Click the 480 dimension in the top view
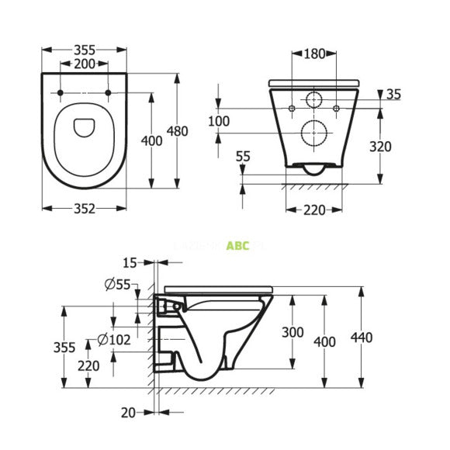pyautogui.click(x=178, y=131)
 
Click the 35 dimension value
pyautogui.click(x=393, y=95)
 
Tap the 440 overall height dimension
pyautogui.click(x=362, y=337)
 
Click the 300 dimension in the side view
pyautogui.click(x=292, y=332)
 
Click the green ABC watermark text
pyautogui.click(x=237, y=246)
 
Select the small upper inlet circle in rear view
pyautogui.click(x=314, y=101)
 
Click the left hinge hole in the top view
pyautogui.click(x=60, y=94)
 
